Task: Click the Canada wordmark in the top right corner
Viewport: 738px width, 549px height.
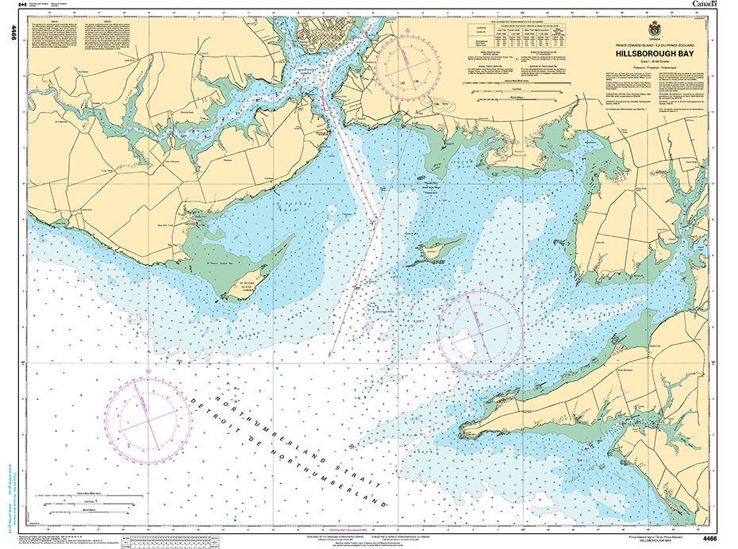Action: coord(704,5)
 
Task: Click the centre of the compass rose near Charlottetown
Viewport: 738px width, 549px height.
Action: coord(408,64)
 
